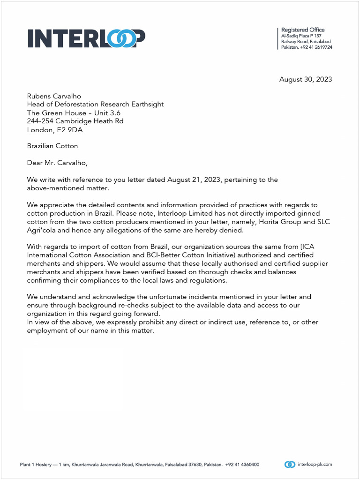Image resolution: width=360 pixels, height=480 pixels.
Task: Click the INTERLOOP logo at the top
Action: coord(86,38)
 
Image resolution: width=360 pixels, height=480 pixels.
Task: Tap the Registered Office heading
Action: coord(302,30)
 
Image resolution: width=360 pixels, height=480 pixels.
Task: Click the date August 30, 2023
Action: coord(305,79)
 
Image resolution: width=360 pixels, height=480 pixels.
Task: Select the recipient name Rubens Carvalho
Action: coord(54,96)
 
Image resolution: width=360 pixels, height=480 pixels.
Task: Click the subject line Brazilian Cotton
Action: coord(52,146)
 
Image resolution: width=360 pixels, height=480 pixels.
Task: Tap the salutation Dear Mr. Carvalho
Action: coord(57,163)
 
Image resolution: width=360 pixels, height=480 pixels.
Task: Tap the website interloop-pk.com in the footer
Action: coord(315,465)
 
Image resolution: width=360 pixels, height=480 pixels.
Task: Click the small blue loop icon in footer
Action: coord(290,465)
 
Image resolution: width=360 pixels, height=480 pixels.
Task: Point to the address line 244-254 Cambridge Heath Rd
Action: coord(75,121)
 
